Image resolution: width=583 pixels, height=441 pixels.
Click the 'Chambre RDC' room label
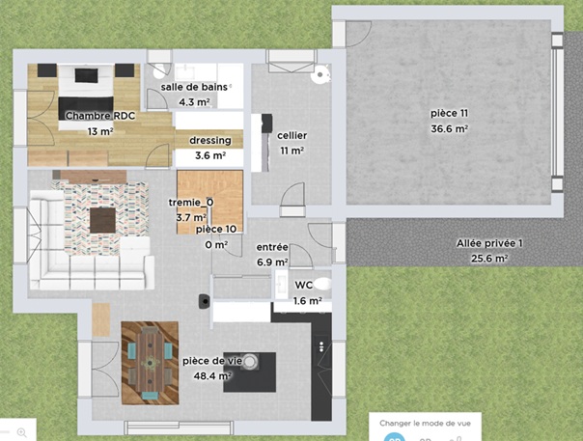coord(100,116)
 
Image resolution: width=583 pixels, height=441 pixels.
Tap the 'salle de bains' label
coord(194,87)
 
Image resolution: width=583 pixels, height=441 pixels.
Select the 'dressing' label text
coord(210,141)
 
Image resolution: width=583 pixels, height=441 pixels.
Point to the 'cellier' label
coord(292,135)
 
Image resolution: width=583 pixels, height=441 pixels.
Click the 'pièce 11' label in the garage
coord(450,113)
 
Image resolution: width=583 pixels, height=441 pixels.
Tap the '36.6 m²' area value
coord(450,128)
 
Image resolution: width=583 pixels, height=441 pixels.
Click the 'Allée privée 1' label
coord(489,243)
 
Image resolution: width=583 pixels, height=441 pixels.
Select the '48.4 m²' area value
coord(212,376)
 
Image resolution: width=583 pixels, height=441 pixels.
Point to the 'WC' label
coord(304,286)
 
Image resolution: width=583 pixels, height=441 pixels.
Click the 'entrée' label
coord(272,247)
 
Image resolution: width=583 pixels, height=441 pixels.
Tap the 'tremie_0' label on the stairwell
coord(191,203)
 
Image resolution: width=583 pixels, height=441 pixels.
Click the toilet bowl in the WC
coord(322,284)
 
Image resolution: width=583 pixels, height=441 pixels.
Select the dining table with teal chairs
coord(151,363)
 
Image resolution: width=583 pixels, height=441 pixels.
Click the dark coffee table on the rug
coord(103,220)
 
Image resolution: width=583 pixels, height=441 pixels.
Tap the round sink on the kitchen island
coord(250,362)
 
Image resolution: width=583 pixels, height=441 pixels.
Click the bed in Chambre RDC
coord(86,96)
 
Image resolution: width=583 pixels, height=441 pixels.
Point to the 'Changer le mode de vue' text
coord(425,424)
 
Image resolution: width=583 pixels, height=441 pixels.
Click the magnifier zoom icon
coord(22,432)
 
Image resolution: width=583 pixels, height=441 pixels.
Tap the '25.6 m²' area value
coord(489,258)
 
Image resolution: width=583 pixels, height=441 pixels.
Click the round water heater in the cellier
coord(319,74)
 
